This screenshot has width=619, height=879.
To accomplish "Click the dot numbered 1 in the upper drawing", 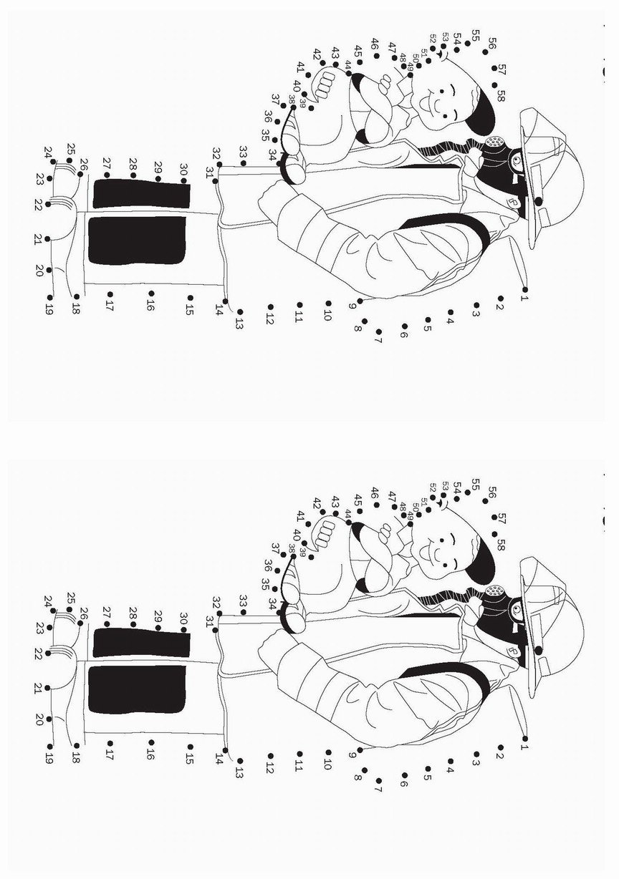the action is [x=524, y=289].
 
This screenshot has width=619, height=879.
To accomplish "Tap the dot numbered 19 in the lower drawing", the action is [x=50, y=747].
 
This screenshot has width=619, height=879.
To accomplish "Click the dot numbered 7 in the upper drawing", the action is [x=378, y=331].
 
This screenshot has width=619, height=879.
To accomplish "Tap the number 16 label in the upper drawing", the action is [x=149, y=305].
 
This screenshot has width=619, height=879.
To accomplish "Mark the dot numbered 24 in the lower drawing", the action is [x=52, y=611].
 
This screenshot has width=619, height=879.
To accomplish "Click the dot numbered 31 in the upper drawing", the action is [x=215, y=181].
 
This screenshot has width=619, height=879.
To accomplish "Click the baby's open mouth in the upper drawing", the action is [x=424, y=104].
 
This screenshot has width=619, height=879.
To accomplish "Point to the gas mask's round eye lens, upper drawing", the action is [x=516, y=160].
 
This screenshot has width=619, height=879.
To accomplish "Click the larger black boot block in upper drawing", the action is [x=137, y=240].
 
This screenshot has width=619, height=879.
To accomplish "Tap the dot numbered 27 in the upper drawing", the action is [x=107, y=175].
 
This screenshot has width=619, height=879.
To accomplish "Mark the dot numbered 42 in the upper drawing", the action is [x=322, y=62].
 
